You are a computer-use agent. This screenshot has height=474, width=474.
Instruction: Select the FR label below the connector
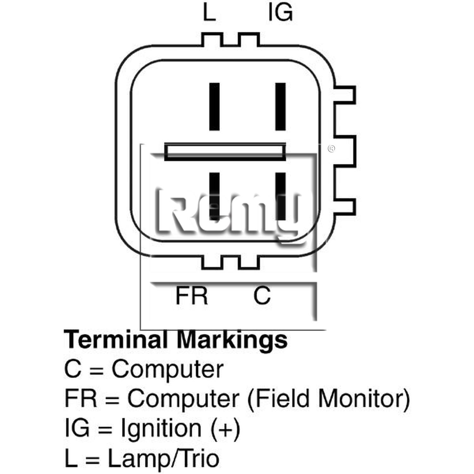click(191, 295)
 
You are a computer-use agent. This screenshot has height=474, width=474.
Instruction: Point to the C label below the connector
click(262, 295)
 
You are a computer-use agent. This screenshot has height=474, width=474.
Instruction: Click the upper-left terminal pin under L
click(215, 106)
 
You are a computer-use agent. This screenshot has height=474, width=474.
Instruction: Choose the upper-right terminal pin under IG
click(281, 106)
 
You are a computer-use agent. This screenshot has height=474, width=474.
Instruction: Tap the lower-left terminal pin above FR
click(215, 196)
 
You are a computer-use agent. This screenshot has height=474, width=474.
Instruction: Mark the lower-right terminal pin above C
click(281, 196)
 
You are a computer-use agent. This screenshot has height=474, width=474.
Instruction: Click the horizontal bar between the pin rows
click(225, 152)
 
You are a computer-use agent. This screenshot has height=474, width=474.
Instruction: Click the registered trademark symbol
click(331, 149)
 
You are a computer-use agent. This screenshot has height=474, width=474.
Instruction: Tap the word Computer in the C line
click(167, 369)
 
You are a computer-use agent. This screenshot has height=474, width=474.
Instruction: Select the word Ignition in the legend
click(161, 428)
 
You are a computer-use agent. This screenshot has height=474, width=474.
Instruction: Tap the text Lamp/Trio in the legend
click(163, 459)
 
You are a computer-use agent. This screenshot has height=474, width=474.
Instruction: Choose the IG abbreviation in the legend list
click(77, 428)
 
